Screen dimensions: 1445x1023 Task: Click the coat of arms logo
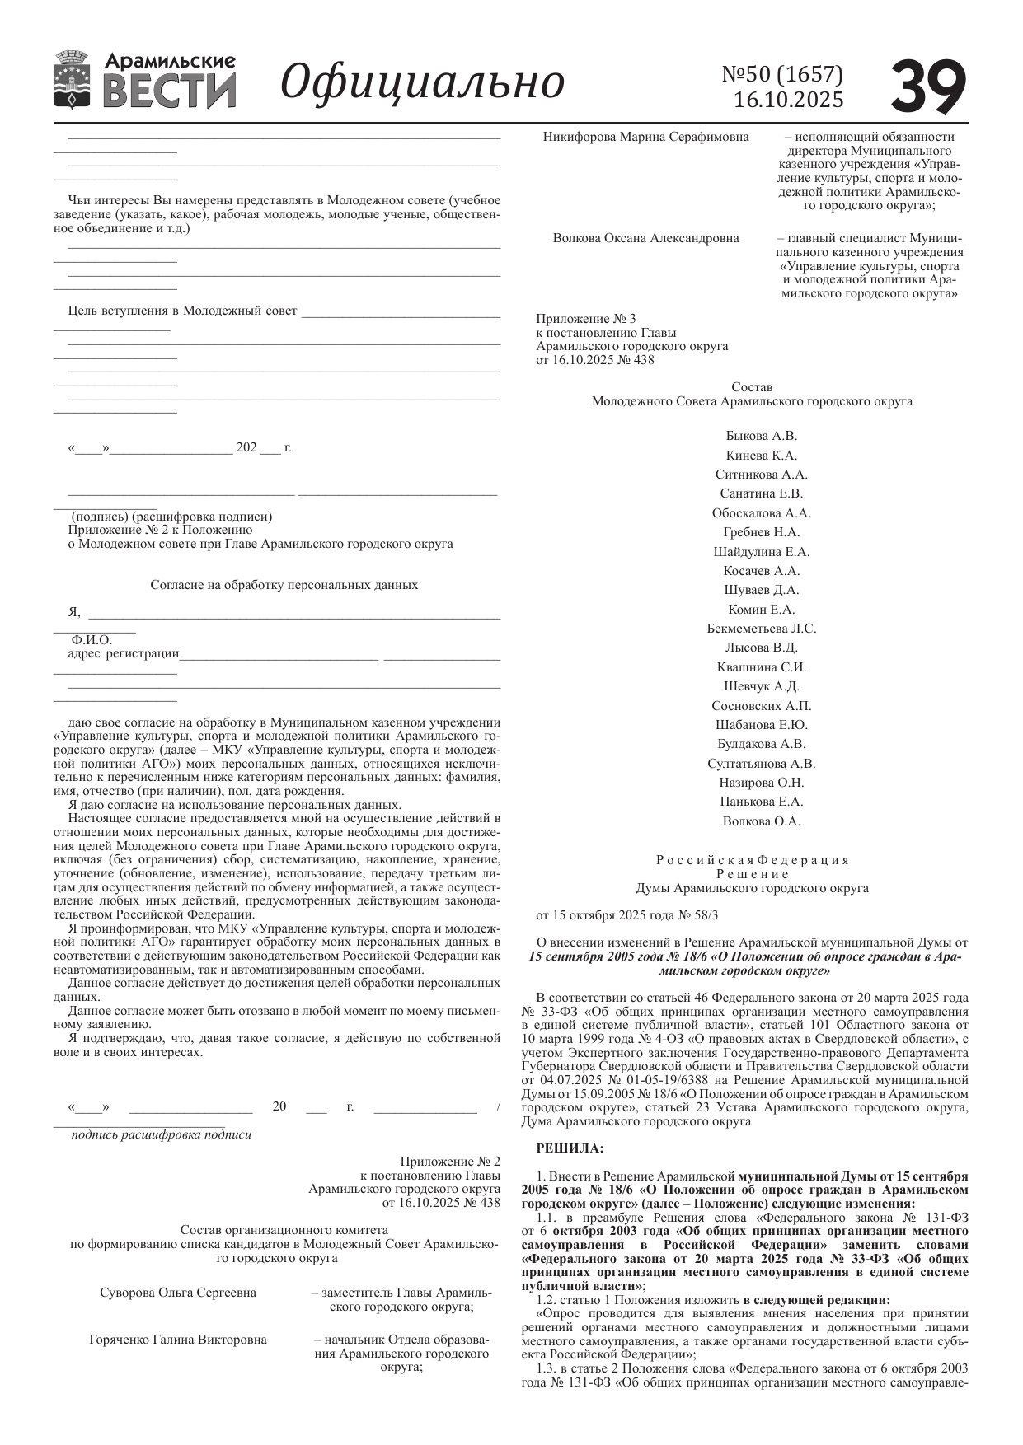(x=71, y=80)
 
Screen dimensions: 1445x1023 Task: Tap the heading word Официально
(x=422, y=82)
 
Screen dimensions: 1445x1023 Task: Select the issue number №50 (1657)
(x=782, y=74)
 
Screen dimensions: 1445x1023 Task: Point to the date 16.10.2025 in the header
(x=788, y=100)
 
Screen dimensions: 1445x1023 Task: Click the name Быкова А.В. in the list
(x=761, y=436)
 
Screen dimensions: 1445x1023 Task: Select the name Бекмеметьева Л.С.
(x=761, y=629)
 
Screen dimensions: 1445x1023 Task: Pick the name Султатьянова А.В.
(x=761, y=764)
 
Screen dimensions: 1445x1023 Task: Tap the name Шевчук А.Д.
(x=761, y=686)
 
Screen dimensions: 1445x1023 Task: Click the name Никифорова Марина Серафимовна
(x=645, y=137)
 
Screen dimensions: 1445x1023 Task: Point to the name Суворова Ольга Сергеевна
(x=177, y=1293)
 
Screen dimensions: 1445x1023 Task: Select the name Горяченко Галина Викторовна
(x=177, y=1340)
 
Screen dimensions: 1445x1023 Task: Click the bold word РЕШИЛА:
(x=570, y=1147)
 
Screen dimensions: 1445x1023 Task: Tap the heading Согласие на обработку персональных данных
(x=284, y=585)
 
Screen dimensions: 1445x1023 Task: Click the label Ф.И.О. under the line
(x=92, y=640)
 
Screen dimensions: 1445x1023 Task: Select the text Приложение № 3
(x=585, y=319)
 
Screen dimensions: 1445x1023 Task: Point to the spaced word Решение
(x=752, y=874)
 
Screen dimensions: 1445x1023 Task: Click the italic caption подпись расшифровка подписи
(x=162, y=1134)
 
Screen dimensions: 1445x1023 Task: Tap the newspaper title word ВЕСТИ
(x=170, y=91)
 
